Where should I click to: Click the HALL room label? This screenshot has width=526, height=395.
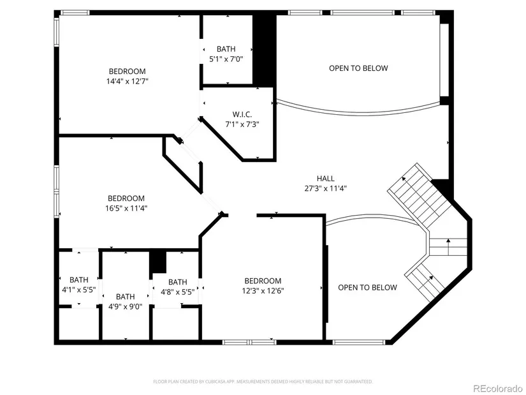tap(325, 178)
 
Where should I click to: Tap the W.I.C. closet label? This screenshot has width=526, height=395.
tap(242, 114)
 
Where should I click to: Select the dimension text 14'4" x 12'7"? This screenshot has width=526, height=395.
tap(128, 81)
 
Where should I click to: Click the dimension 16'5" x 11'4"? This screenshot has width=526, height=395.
tap(126, 208)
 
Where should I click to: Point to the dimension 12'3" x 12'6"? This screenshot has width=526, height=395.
tap(263, 291)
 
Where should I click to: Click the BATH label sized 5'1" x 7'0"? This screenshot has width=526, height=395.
tap(226, 49)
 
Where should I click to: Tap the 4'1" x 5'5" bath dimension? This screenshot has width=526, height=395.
tap(79, 290)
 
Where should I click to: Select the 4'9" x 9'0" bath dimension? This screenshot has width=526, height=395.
tap(126, 307)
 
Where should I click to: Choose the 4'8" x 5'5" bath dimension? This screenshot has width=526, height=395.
tap(178, 292)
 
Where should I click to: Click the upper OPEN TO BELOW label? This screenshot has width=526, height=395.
tap(358, 68)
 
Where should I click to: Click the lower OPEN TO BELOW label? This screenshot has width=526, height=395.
tap(367, 288)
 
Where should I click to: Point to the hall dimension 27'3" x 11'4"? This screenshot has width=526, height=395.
tap(325, 188)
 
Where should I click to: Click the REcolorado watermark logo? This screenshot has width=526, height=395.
tap(497, 388)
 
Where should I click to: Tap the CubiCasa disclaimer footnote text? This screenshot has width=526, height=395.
tap(263, 382)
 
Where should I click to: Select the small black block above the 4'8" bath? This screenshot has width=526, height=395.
tap(158, 262)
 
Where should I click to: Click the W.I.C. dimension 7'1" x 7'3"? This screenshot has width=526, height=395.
tap(242, 124)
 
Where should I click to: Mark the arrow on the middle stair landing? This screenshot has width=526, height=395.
tap(448, 247)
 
